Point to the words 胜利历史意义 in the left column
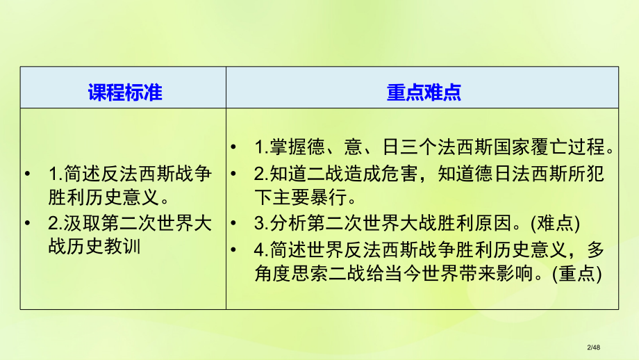[100, 197]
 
